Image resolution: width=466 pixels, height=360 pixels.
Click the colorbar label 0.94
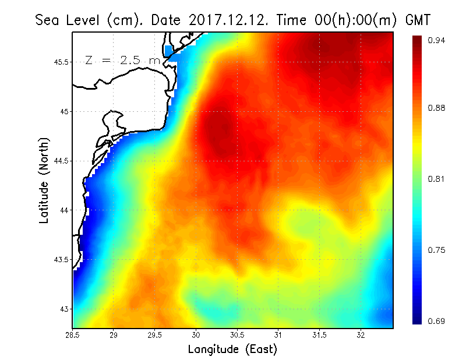(437, 40)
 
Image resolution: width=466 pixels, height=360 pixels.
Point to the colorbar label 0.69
(437, 321)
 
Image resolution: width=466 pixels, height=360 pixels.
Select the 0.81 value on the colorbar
(437, 179)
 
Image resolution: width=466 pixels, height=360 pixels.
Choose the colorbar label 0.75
(437, 250)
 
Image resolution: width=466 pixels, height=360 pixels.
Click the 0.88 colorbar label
(437, 108)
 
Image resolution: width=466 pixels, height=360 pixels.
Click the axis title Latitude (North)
(44, 180)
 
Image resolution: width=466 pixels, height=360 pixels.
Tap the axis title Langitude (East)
(232, 350)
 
